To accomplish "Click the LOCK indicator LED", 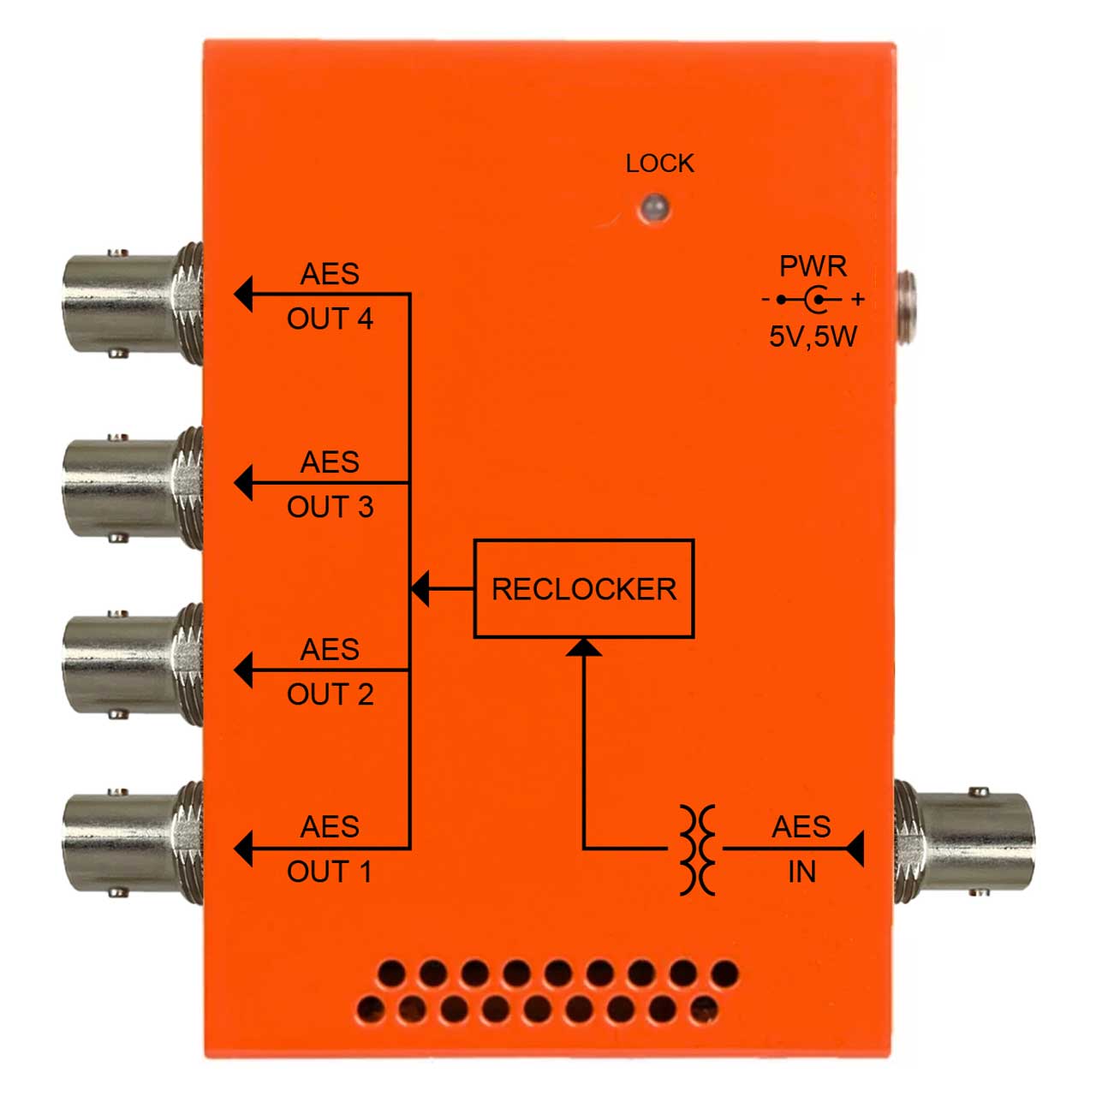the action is click(655, 208).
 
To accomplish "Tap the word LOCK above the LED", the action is click(660, 164).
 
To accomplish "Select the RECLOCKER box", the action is click(584, 588).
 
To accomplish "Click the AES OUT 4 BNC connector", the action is click(133, 302).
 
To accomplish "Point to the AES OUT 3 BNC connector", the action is click(133, 489).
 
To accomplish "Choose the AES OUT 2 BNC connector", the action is click(133, 665).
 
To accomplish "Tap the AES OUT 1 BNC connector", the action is click(133, 843).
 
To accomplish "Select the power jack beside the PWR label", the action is click(905, 307).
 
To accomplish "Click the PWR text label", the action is click(813, 266).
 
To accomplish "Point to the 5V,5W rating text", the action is click(813, 337).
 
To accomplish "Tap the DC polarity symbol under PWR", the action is click(813, 299).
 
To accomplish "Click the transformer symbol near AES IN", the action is click(697, 849).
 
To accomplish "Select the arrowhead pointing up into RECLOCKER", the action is click(584, 646).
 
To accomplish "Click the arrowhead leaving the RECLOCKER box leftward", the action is click(420, 588).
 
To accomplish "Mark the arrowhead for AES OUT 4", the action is click(243, 294).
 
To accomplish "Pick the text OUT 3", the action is click(330, 507).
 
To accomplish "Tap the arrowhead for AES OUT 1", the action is click(243, 849).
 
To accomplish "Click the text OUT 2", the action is click(330, 694).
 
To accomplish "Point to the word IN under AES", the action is click(802, 872).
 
